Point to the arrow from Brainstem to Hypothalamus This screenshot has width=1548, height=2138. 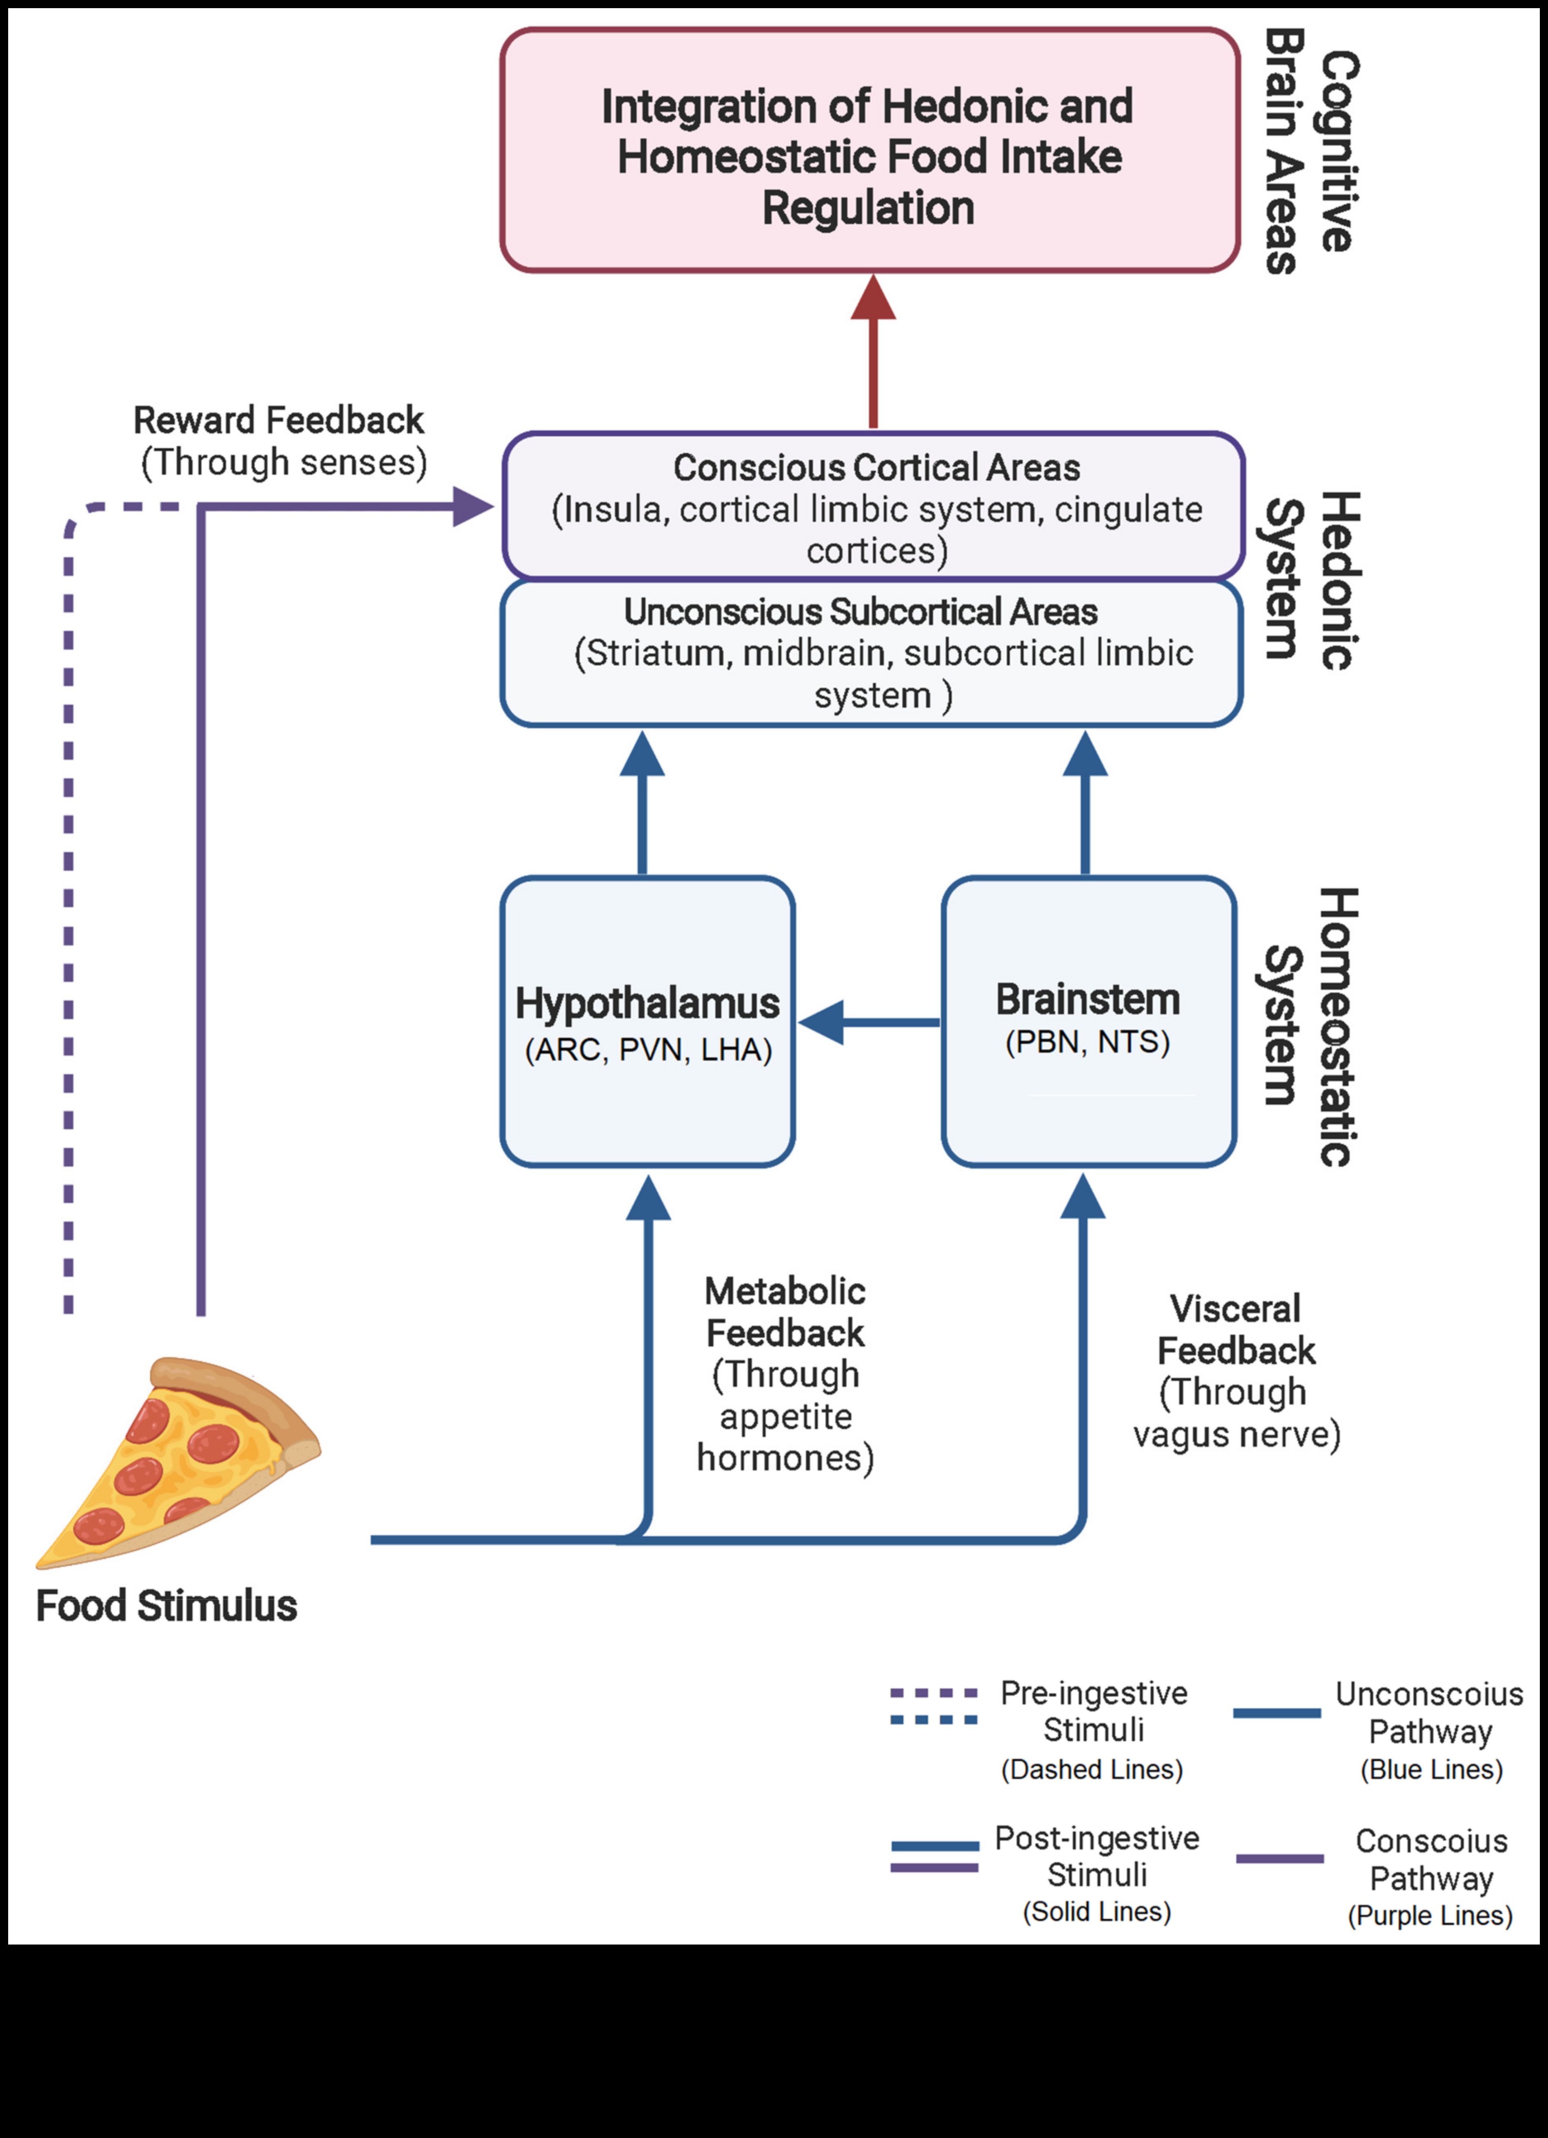click(867, 1022)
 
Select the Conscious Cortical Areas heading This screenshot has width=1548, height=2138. click(876, 468)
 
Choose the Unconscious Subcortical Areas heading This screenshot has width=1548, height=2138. click(860, 612)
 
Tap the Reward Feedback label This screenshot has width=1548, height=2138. click(279, 420)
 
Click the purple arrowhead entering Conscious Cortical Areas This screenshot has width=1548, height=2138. click(472, 507)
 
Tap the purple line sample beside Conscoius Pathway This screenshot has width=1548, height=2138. click(1279, 1859)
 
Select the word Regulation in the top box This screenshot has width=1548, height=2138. click(868, 208)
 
